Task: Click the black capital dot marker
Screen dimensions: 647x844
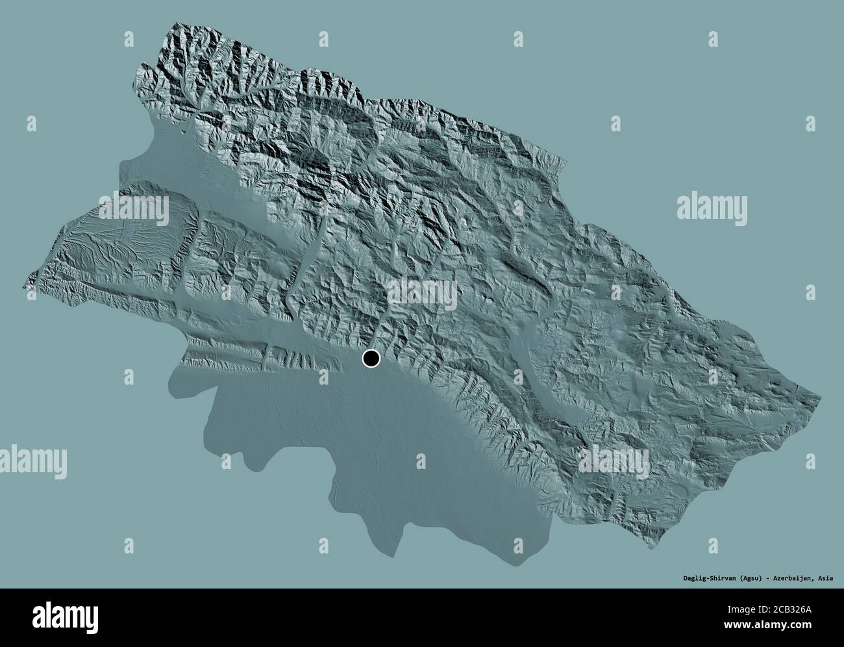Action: [371, 358]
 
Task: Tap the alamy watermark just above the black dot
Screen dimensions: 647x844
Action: [423, 292]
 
